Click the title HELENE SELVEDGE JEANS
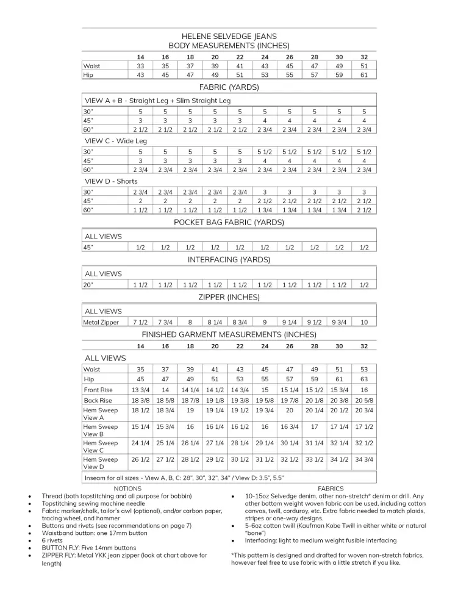(x=229, y=37)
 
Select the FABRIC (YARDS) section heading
(x=229, y=87)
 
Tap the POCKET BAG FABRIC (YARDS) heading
(x=229, y=223)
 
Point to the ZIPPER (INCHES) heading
(x=229, y=298)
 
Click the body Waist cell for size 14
(x=140, y=66)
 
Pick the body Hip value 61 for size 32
(x=364, y=75)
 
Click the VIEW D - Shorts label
(x=111, y=181)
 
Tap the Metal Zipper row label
(x=101, y=322)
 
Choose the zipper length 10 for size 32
(x=364, y=322)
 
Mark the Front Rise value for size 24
(x=265, y=390)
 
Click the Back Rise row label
(x=98, y=400)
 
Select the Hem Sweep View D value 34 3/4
(x=364, y=459)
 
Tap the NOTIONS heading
(x=127, y=489)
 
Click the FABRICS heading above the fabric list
(x=331, y=489)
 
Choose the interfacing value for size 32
(x=364, y=285)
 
